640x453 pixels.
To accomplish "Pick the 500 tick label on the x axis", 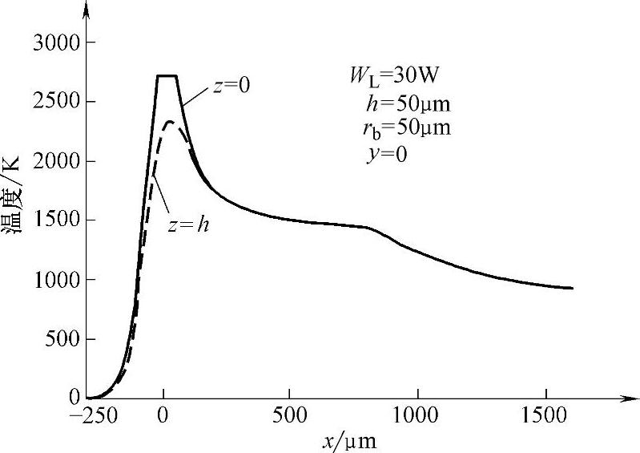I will (290, 417).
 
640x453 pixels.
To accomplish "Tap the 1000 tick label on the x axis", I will (417, 417).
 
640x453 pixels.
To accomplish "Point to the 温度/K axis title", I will (14, 209).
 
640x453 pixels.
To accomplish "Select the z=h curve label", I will (189, 224).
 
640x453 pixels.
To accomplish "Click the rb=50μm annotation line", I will (401, 127).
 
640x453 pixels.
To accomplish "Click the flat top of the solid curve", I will (166, 76).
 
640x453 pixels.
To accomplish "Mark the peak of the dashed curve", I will (171, 122).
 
